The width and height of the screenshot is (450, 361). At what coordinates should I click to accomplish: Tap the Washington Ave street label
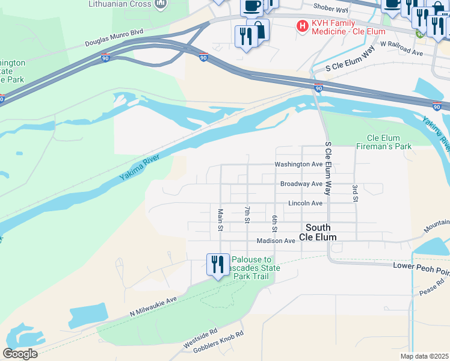298,164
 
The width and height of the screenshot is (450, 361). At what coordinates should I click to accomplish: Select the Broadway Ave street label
301,184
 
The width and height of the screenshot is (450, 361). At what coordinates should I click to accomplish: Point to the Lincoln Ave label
305,203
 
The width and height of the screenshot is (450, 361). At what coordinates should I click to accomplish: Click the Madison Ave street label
276,241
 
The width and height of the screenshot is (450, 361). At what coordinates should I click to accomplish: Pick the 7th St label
247,214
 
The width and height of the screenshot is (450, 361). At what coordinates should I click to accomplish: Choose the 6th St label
274,223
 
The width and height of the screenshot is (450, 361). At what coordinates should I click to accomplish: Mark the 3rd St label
354,194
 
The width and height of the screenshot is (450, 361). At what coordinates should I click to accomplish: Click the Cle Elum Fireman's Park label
384,142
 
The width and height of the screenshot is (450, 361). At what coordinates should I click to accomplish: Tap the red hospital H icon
302,26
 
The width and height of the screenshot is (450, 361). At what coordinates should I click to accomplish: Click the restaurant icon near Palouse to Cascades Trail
217,265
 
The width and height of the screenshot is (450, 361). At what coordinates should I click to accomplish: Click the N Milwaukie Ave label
154,306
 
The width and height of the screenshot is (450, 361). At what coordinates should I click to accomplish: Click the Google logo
20,354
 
